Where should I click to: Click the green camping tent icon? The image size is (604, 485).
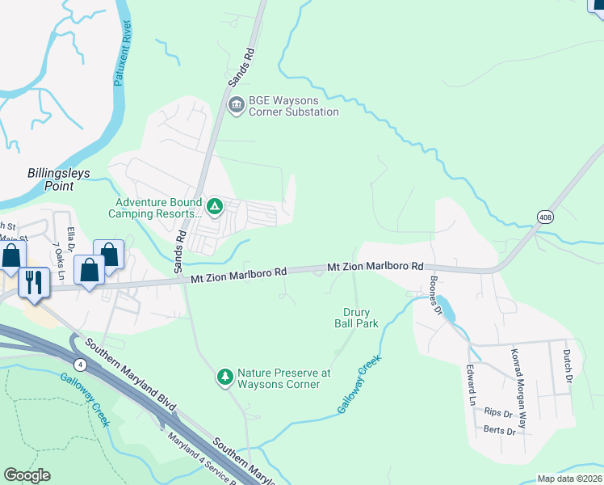(215, 207)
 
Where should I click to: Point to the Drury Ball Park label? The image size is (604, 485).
(356, 318)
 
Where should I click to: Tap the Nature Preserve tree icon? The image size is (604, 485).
(225, 377)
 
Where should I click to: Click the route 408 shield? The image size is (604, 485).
(546, 216)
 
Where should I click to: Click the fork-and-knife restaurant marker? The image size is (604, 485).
(33, 283)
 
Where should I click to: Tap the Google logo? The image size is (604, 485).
(27, 475)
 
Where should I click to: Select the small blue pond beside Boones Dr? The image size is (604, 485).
(448, 311)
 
